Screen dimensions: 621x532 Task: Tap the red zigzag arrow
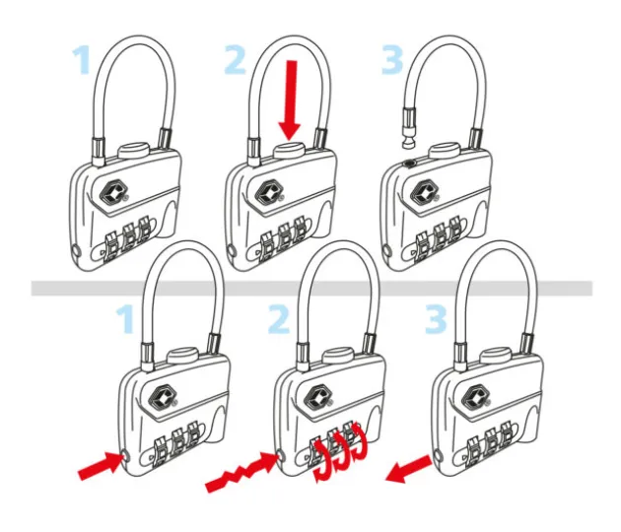coord(242,472)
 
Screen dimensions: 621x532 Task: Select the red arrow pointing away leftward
coord(409,470)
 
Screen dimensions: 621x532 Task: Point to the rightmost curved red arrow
coord(359,441)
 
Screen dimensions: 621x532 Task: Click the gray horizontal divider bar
coord(311,288)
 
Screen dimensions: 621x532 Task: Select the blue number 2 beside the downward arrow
coord(236,59)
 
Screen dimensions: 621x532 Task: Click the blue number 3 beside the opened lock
coord(392,59)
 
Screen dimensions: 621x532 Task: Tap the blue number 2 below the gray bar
coord(278,318)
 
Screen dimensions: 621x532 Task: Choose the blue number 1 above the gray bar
coord(81,60)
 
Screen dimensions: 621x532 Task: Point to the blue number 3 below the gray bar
coord(436,318)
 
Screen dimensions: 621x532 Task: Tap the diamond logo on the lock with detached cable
coord(424,191)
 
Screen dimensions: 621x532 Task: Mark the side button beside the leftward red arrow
coord(438,455)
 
